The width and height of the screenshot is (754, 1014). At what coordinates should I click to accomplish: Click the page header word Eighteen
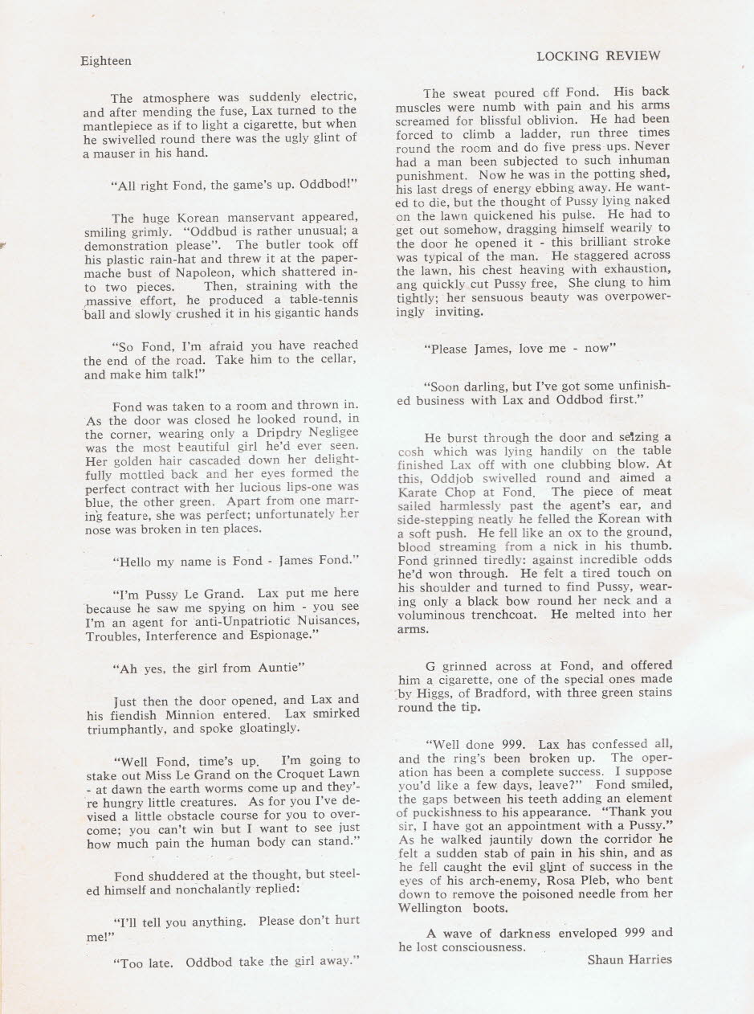pos(106,61)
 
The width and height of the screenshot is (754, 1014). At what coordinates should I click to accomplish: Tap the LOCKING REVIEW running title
pos(597,55)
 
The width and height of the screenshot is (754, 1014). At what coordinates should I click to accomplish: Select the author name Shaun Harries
pos(630,959)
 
